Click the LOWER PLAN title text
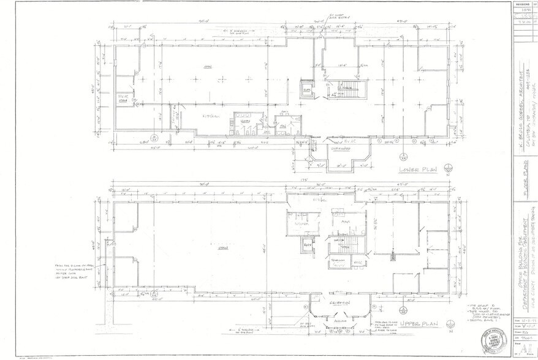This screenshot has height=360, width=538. click(417, 170)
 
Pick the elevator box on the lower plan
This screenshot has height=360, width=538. click(306, 90)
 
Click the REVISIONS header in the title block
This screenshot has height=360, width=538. click(523, 3)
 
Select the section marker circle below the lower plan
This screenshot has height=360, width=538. click(403, 152)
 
